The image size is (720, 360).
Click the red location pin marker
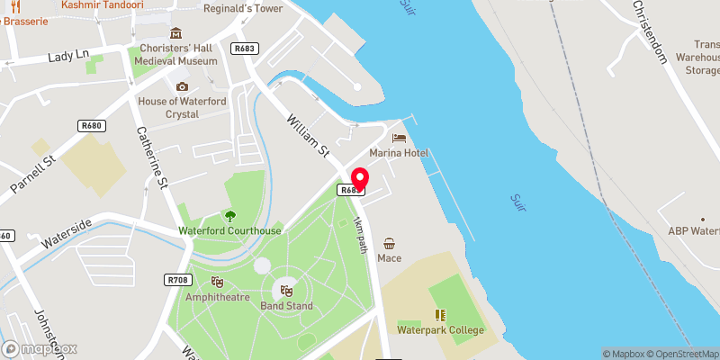(x=359, y=179)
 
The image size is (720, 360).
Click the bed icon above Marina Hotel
(x=398, y=138)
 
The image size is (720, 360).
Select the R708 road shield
(x=176, y=280)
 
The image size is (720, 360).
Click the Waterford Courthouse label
(x=230, y=230)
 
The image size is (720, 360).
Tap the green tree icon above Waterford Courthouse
(x=230, y=215)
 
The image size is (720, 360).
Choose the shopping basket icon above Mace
(x=389, y=243)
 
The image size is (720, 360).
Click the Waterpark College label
(x=441, y=330)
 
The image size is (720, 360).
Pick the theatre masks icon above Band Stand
(x=286, y=290)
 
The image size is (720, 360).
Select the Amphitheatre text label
(x=217, y=296)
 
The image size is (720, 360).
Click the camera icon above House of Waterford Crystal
(x=183, y=86)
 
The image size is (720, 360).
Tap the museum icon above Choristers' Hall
(x=175, y=33)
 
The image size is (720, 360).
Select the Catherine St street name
(x=152, y=158)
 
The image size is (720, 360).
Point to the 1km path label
(x=361, y=233)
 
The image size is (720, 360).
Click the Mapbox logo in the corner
(x=40, y=348)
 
